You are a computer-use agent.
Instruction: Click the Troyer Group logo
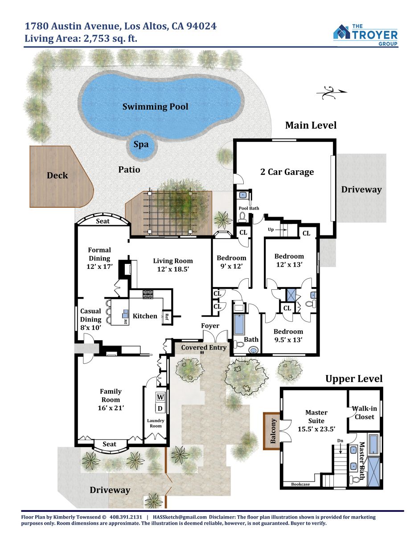click(x=365, y=35)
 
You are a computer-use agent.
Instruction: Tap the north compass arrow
click(x=332, y=92)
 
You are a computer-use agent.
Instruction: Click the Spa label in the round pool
click(x=141, y=144)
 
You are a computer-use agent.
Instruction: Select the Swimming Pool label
click(x=155, y=107)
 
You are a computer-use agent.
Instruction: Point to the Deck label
click(x=57, y=175)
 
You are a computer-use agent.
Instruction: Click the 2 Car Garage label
click(x=287, y=172)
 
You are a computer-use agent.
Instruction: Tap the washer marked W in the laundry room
click(x=160, y=397)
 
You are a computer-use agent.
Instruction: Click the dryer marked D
click(x=160, y=408)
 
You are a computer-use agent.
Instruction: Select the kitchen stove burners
click(x=148, y=294)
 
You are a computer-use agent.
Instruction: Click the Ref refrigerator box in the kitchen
click(x=167, y=317)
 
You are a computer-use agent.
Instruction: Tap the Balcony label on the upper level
click(x=273, y=432)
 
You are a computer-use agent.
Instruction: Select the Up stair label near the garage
click(x=270, y=230)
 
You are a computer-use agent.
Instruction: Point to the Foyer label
click(x=210, y=325)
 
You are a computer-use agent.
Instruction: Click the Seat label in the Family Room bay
click(x=109, y=444)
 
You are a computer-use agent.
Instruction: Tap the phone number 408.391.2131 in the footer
click(x=126, y=517)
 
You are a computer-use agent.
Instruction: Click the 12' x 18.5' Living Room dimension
click(x=173, y=269)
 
